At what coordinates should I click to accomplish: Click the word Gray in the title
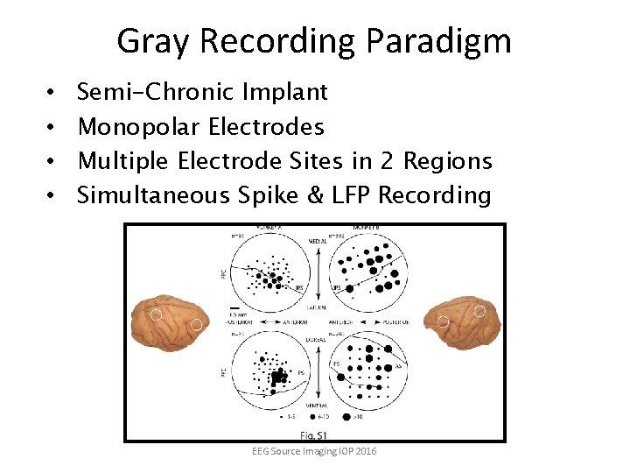pos(145,41)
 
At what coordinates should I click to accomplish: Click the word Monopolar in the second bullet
pos(139,127)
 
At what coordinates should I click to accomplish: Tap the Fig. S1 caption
pos(313,435)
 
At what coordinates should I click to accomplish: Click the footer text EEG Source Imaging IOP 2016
pos(314,450)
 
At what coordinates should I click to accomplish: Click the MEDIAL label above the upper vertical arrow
pos(317,240)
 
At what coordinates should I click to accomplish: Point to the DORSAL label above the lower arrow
pos(317,333)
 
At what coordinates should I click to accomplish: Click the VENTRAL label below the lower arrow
pos(317,406)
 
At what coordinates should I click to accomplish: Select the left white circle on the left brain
pos(155,314)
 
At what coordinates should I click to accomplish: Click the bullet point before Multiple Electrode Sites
pos(52,161)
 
